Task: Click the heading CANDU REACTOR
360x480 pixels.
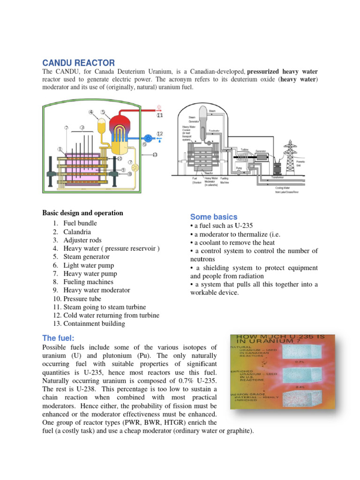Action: click(78, 63)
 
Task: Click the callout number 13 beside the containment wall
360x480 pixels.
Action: click(155, 155)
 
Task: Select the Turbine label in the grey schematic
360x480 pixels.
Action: click(244, 150)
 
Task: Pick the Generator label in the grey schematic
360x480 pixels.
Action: click(261, 151)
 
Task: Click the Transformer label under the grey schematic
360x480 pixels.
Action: click(280, 178)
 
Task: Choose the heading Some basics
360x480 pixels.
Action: click(214, 217)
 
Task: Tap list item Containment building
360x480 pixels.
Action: click(94, 324)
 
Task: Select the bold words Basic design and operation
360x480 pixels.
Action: click(82, 213)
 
